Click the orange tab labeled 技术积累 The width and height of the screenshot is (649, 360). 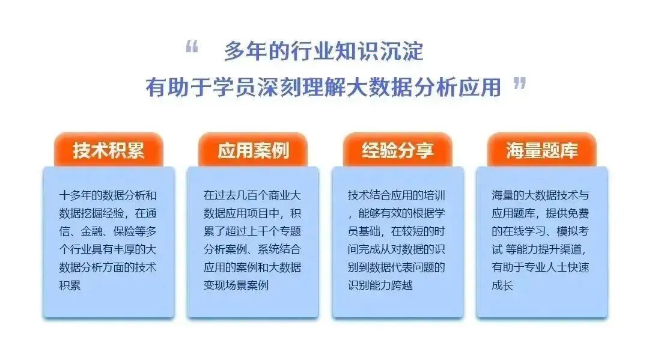point(108,150)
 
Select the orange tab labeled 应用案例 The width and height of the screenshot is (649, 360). point(253,150)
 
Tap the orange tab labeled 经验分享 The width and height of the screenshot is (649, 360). point(397,150)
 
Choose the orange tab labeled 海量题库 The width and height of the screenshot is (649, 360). point(542,150)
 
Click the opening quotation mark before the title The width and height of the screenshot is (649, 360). point(192,47)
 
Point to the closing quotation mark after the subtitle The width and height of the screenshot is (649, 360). point(519,83)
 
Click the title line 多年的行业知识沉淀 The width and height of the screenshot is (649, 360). point(324,51)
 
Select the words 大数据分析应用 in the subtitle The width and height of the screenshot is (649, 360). point(424,87)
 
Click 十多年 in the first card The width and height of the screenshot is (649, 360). point(75,195)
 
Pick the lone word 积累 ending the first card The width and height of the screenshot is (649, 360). point(70,285)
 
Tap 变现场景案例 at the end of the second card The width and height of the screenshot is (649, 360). point(236,285)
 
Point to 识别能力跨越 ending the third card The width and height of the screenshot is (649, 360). point(380,285)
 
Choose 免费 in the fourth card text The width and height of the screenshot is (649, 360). point(578,213)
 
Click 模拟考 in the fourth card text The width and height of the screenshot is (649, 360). point(573,231)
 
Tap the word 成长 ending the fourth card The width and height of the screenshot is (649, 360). point(502,285)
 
